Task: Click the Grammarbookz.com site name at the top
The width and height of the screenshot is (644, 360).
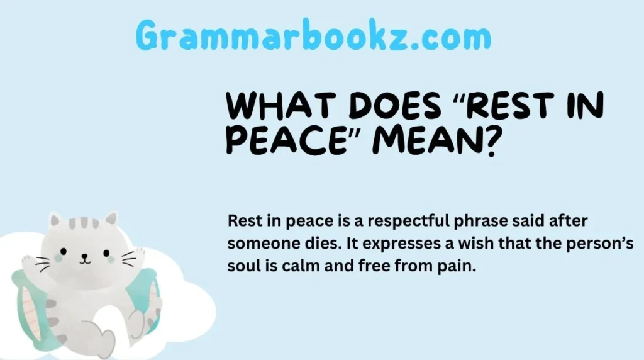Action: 313,37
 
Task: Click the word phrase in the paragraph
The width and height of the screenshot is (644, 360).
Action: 471,222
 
